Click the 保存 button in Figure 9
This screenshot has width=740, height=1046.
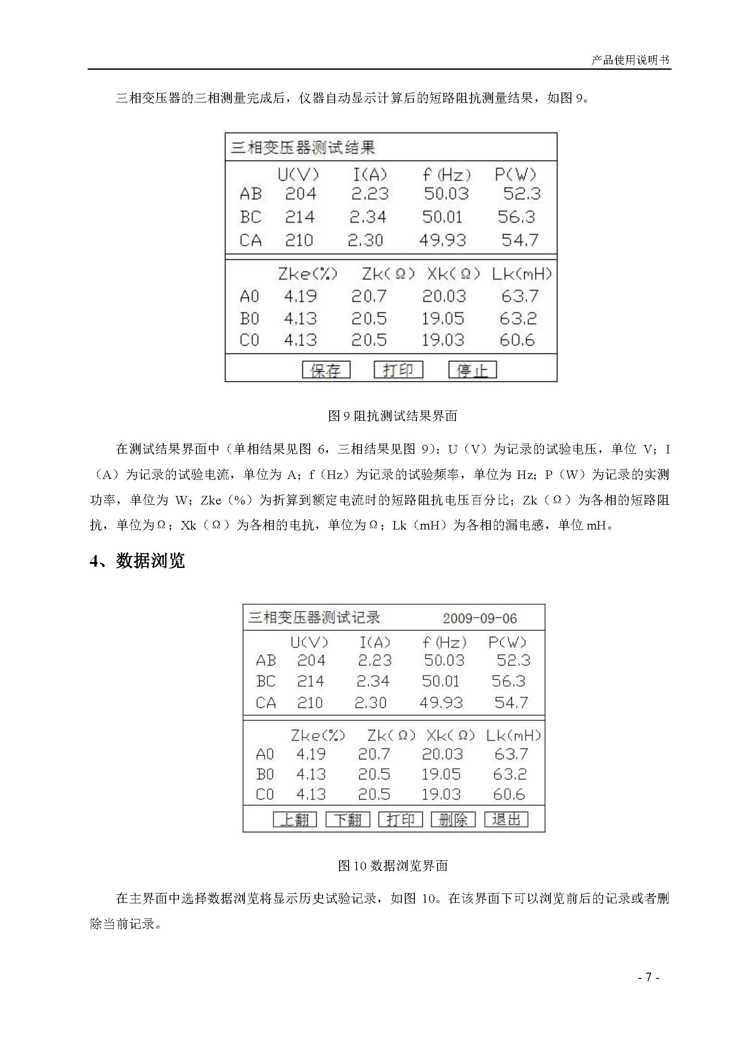326,370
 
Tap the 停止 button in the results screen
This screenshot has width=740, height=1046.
472,370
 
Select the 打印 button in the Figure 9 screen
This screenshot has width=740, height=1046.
398,369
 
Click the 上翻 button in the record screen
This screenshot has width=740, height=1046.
294,820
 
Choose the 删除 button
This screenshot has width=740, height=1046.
453,820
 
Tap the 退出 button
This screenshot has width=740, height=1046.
506,819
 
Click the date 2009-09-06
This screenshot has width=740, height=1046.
480,618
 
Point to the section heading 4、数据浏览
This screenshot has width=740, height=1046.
137,561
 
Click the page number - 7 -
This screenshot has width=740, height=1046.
648,977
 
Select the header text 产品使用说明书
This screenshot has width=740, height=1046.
630,59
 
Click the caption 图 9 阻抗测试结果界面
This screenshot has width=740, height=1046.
392,416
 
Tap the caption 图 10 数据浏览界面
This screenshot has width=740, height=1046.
393,866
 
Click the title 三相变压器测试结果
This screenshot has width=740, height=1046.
303,148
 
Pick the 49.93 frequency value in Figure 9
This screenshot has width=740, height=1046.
442,240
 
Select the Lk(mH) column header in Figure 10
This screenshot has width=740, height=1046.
513,735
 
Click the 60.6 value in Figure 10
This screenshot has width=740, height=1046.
509,795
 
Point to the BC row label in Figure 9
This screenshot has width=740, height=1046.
251,217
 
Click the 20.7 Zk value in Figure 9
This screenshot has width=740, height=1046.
369,296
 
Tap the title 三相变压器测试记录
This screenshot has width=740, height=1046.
314,618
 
